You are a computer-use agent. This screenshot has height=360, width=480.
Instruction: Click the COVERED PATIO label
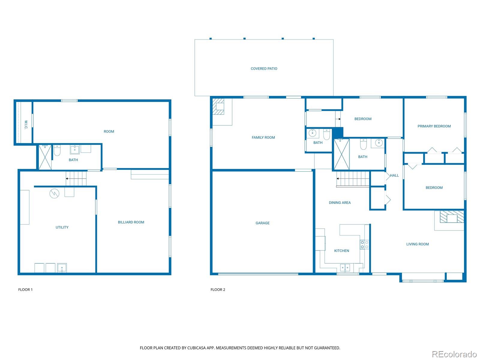[264, 69]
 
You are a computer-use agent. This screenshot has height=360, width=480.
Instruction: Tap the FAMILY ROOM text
[263, 137]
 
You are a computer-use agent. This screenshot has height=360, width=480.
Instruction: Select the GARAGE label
[262, 223]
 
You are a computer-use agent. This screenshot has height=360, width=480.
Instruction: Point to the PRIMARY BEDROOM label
[434, 126]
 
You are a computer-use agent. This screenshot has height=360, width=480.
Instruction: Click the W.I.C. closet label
[26, 125]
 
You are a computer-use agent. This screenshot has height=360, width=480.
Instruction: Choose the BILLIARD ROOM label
[131, 222]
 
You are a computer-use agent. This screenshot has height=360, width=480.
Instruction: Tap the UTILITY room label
[62, 227]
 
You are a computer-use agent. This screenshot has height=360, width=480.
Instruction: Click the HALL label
[394, 175]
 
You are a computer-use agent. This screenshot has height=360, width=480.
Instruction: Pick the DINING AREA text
[340, 202]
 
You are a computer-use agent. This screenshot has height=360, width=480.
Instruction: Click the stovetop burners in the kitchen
[364, 244]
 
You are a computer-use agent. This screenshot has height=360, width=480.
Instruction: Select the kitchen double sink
[345, 268]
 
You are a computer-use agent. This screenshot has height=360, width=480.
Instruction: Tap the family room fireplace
[218, 106]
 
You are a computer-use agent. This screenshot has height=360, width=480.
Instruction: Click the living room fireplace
[452, 217]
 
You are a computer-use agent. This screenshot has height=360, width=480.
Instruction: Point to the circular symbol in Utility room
[54, 193]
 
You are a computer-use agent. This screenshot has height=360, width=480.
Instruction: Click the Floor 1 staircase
[76, 178]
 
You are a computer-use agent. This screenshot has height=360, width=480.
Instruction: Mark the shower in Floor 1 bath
[45, 157]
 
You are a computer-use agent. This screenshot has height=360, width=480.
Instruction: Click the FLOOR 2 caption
[217, 289]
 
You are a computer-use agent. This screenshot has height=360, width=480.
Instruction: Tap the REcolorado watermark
[454, 354]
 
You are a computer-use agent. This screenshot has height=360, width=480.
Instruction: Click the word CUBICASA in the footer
[196, 348]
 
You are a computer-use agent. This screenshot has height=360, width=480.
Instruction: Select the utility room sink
[62, 268]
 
